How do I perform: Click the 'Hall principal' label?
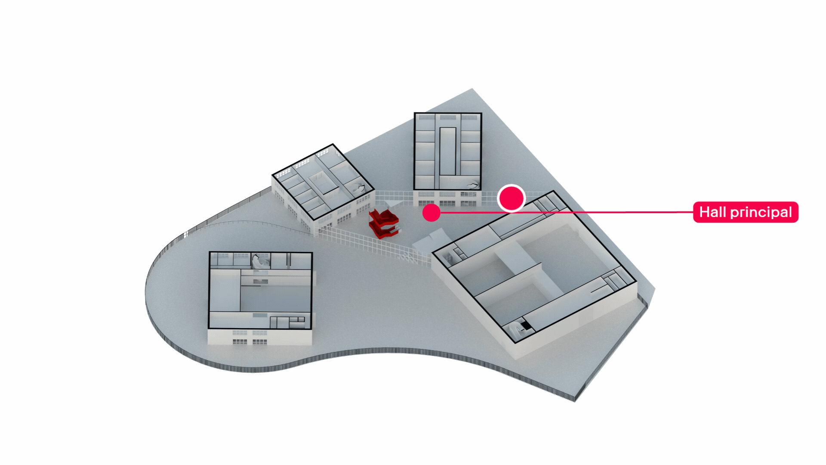(746, 212)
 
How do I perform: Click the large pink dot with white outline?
(511, 198)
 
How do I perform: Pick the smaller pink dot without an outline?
(431, 213)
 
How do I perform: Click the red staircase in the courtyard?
(384, 223)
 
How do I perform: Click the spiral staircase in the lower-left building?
(261, 261)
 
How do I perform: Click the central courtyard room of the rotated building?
(325, 183)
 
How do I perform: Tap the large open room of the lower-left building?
(275, 298)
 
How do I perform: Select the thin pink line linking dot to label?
(567, 212)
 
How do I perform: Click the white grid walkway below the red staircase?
(374, 244)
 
